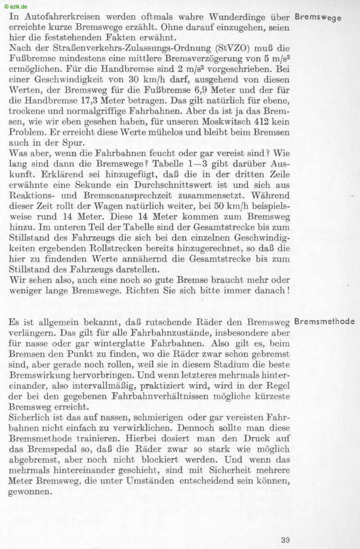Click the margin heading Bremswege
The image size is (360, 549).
[x=318, y=18]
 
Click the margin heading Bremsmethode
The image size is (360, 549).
[x=324, y=322]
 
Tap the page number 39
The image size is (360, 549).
[x=285, y=540]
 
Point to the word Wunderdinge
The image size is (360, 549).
[x=235, y=18]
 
